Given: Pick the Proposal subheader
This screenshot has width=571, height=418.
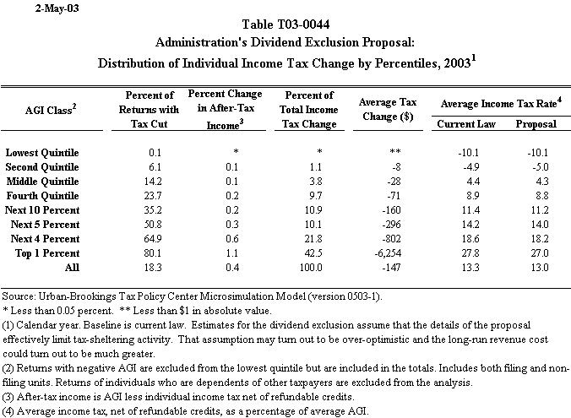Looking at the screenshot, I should pyautogui.click(x=536, y=124).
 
